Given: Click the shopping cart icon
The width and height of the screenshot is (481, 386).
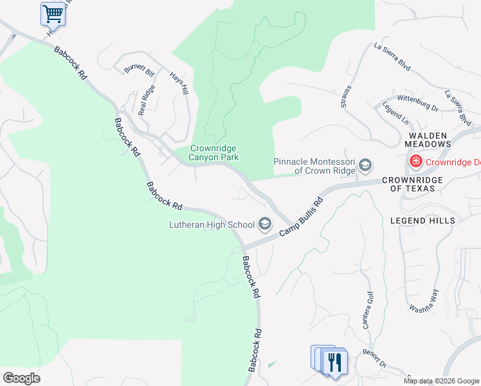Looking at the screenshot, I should [53, 13].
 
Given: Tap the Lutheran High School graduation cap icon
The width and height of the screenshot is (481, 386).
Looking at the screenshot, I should [264, 225].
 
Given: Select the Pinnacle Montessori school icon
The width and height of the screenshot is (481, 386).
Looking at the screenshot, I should [365, 166].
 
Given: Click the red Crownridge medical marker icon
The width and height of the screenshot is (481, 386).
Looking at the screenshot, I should [416, 161].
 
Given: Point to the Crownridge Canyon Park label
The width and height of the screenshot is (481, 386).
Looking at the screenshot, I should [215, 152].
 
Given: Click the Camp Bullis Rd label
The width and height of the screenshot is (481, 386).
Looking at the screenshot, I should [300, 220].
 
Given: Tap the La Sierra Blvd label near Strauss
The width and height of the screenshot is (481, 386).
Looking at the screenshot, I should [392, 55].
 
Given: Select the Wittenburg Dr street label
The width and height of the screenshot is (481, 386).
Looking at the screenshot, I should [417, 103].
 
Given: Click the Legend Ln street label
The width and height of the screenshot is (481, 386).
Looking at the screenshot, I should [395, 113].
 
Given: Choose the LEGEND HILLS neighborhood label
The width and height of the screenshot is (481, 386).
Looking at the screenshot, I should [422, 221].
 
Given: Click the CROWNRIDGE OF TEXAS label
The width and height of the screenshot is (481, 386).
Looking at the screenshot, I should [413, 185].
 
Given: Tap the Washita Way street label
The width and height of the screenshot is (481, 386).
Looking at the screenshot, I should [424, 300].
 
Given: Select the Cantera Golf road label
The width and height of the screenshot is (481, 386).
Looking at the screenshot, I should [367, 309].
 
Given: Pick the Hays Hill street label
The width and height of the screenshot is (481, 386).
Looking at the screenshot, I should [179, 82].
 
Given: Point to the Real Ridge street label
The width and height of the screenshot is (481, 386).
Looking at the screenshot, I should [147, 100].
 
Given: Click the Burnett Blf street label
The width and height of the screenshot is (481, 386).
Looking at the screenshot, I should [140, 68].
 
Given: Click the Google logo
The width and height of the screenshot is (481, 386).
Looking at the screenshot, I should [21, 378].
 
